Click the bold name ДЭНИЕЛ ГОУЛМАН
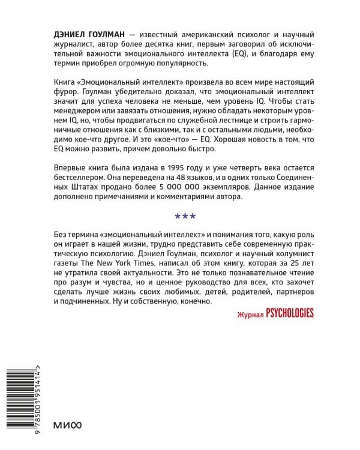(89, 37)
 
